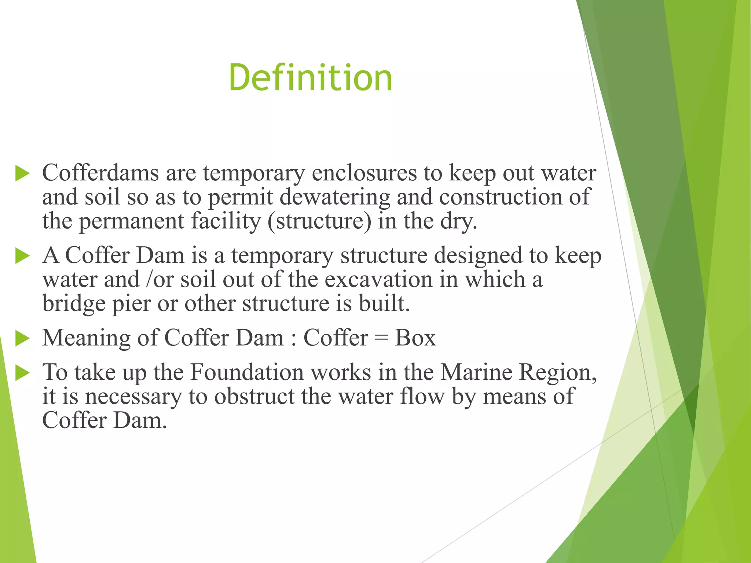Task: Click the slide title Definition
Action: click(310, 78)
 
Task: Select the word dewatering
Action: click(334, 197)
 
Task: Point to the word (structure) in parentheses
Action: click(319, 221)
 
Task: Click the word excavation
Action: click(379, 280)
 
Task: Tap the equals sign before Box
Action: click(381, 338)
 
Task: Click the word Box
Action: click(415, 338)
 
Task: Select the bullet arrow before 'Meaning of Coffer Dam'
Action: click(22, 338)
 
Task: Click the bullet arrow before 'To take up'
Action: click(22, 373)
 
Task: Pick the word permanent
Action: click(131, 221)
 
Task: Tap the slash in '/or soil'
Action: click(148, 280)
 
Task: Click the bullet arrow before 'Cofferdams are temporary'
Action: click(22, 173)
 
